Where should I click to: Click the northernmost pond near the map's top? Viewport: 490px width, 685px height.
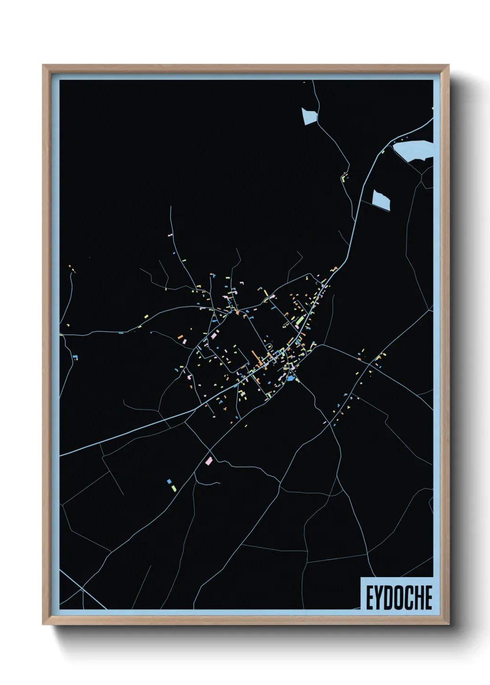pos(309,116)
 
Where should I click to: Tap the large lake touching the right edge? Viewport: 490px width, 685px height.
pos(414,151)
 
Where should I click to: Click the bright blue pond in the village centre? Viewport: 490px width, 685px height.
pos(290,378)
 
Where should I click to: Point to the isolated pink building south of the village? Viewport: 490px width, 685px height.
pos(209,461)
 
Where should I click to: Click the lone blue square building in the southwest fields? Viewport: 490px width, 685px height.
pos(169,481)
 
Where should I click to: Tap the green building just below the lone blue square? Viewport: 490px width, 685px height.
pos(172,488)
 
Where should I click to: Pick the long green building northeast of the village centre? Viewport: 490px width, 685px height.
pos(300,320)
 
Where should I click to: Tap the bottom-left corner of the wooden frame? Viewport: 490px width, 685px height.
pos(44,623)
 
